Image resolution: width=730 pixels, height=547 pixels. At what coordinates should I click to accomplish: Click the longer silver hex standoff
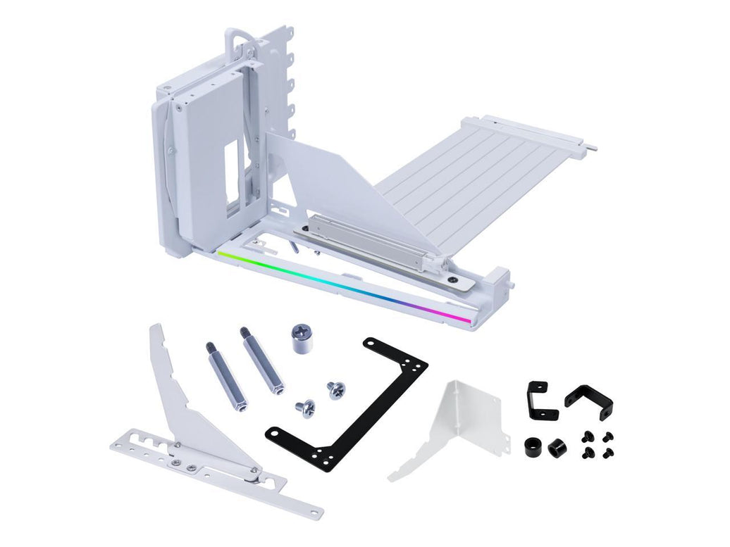[x=263, y=360]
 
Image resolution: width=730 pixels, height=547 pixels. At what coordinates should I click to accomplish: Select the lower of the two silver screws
[x=306, y=407]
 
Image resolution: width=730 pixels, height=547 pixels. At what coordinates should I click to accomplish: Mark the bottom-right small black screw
[x=610, y=451]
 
